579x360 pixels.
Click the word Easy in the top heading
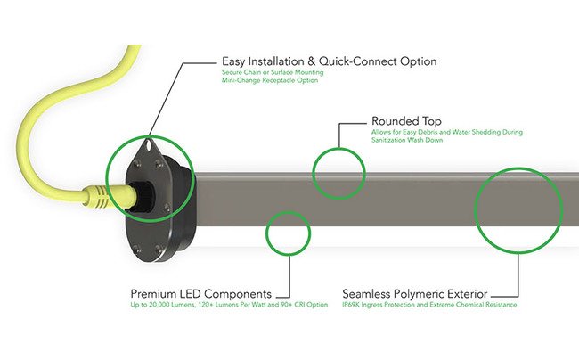(x=234, y=61)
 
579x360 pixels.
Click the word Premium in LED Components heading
(x=155, y=294)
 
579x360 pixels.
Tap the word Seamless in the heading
(x=368, y=294)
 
